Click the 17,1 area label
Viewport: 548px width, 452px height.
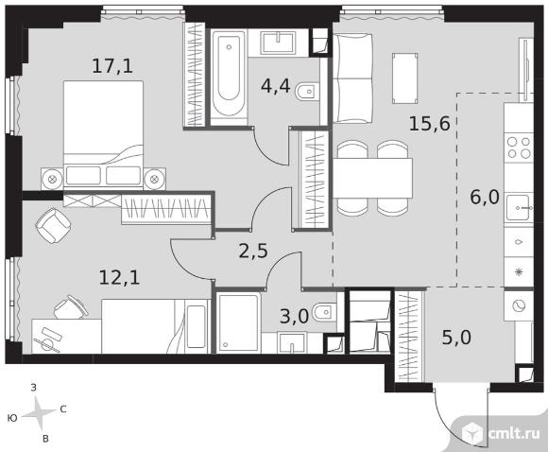(112, 66)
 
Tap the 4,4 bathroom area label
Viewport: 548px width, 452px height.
(275, 86)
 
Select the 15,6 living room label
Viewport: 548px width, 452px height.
(430, 123)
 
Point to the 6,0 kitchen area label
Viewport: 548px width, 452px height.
(485, 198)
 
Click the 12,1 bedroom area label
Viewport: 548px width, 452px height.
(120, 278)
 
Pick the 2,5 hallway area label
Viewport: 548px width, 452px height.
(253, 251)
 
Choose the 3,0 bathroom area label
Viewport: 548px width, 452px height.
(294, 316)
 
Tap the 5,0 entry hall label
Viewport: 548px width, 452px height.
(456, 338)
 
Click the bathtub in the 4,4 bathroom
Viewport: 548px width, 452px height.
(229, 77)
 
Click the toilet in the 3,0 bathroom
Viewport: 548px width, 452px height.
(324, 312)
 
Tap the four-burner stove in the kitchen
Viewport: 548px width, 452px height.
(519, 148)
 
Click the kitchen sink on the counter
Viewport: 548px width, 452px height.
(519, 208)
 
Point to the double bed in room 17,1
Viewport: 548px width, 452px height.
(103, 133)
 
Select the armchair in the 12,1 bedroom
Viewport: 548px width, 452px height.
(54, 225)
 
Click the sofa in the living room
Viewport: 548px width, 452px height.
(352, 78)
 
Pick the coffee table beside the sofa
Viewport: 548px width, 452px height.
(405, 78)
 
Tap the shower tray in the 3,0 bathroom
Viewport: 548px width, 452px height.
(238, 322)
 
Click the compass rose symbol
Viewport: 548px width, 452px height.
(39, 414)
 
